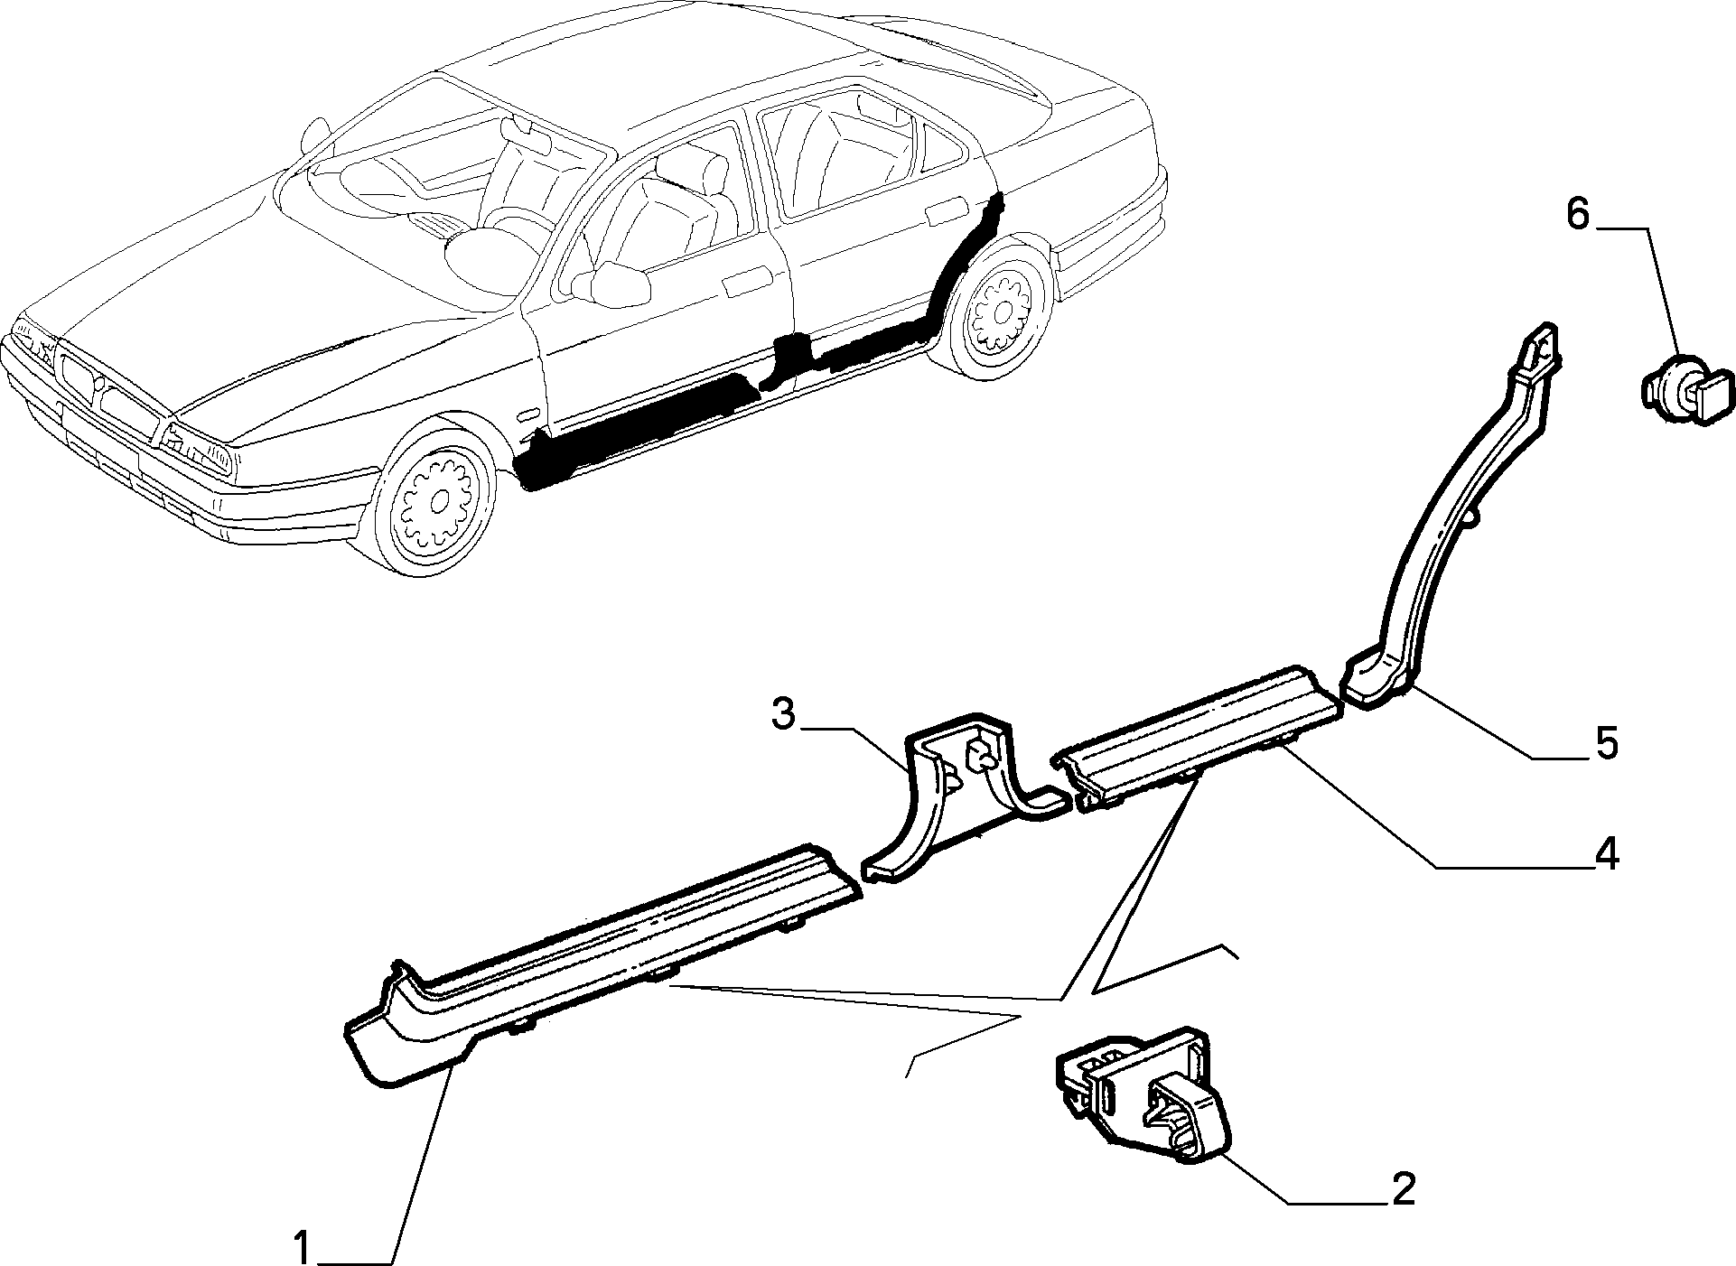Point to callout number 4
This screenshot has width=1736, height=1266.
tap(1605, 853)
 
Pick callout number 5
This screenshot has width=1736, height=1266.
tap(1606, 742)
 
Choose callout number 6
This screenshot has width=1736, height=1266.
tap(1576, 216)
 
